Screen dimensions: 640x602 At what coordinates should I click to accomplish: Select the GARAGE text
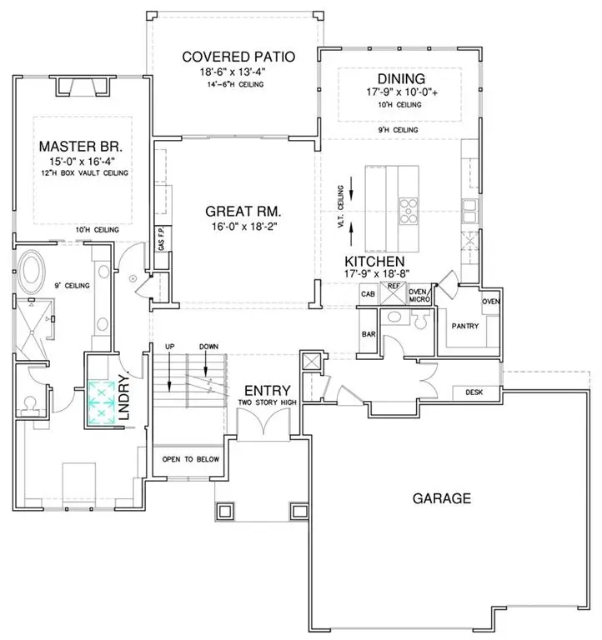coord(442,499)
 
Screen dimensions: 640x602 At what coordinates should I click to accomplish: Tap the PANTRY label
coord(464,326)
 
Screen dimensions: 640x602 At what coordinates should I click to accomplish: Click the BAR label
coord(368,334)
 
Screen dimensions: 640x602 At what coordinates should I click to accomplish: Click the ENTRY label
coord(267,390)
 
